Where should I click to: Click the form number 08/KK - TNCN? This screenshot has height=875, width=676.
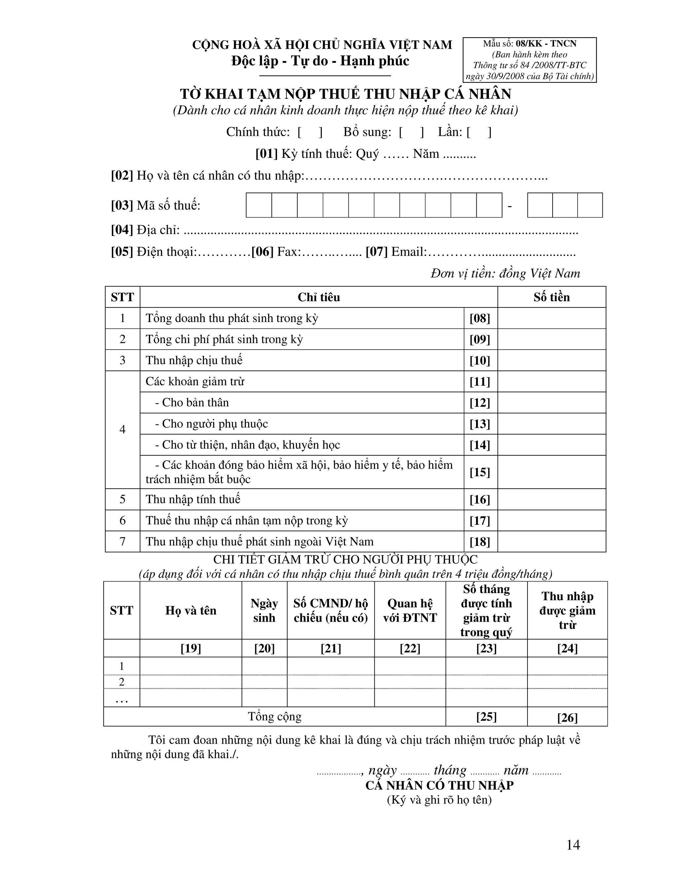[546, 44]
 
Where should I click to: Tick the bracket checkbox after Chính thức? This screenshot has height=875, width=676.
[310, 132]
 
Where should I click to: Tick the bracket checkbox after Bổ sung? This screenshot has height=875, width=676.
[411, 132]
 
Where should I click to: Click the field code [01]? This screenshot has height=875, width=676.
[266, 154]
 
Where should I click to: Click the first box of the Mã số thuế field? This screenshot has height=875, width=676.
[259, 205]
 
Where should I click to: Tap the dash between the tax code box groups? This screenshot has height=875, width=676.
[509, 206]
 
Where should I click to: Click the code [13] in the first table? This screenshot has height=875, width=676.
[480, 424]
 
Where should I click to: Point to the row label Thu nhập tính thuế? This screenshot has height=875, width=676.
[193, 499]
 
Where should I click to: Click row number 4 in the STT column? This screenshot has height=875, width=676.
[122, 430]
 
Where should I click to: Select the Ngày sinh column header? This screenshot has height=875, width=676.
[264, 610]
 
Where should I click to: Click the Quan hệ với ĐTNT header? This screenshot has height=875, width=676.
[410, 610]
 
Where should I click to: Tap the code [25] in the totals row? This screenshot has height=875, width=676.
[486, 717]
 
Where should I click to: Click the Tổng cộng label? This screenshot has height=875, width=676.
[275, 717]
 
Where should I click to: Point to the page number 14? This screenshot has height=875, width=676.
[573, 845]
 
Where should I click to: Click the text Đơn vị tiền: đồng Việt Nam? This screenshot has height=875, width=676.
[505, 273]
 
